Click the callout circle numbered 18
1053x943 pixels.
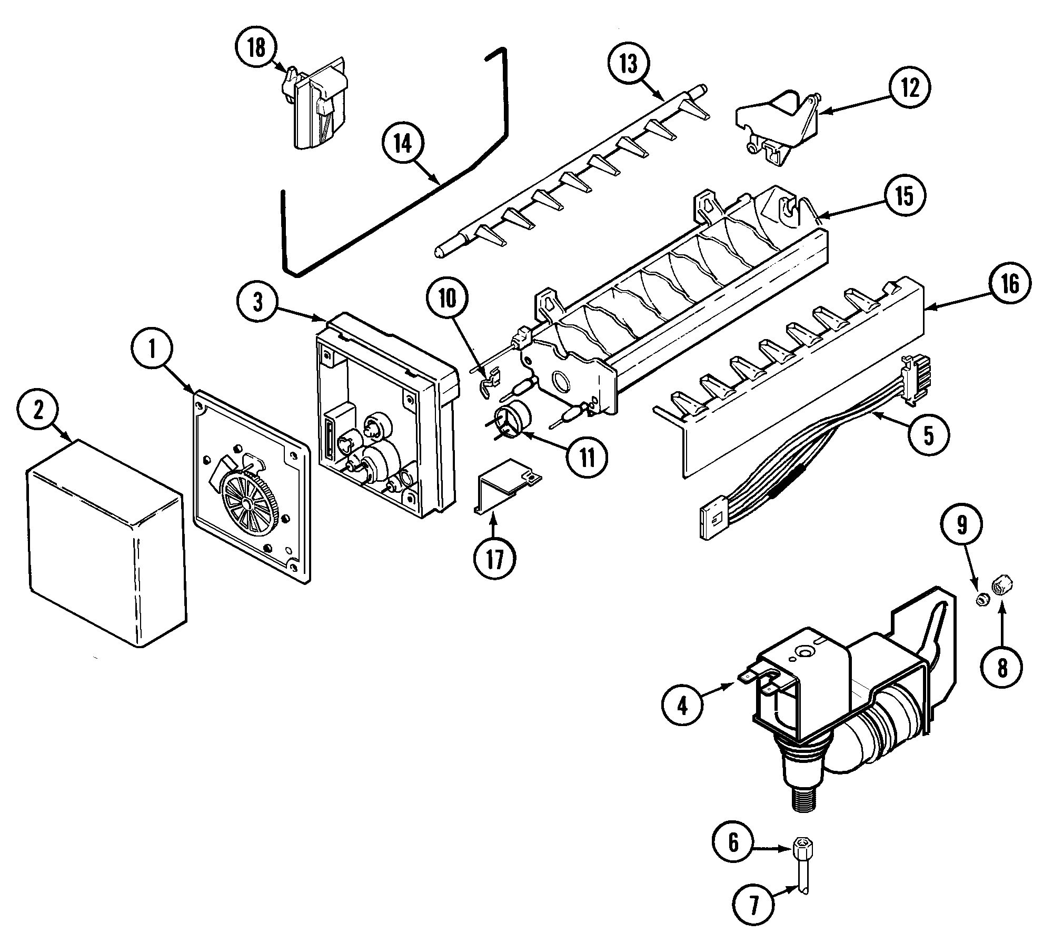pyautogui.click(x=256, y=49)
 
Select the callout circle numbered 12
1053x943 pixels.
pyautogui.click(x=909, y=88)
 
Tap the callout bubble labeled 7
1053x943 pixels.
pyautogui.click(x=754, y=905)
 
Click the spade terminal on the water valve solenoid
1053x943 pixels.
pyautogui.click(x=748, y=679)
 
